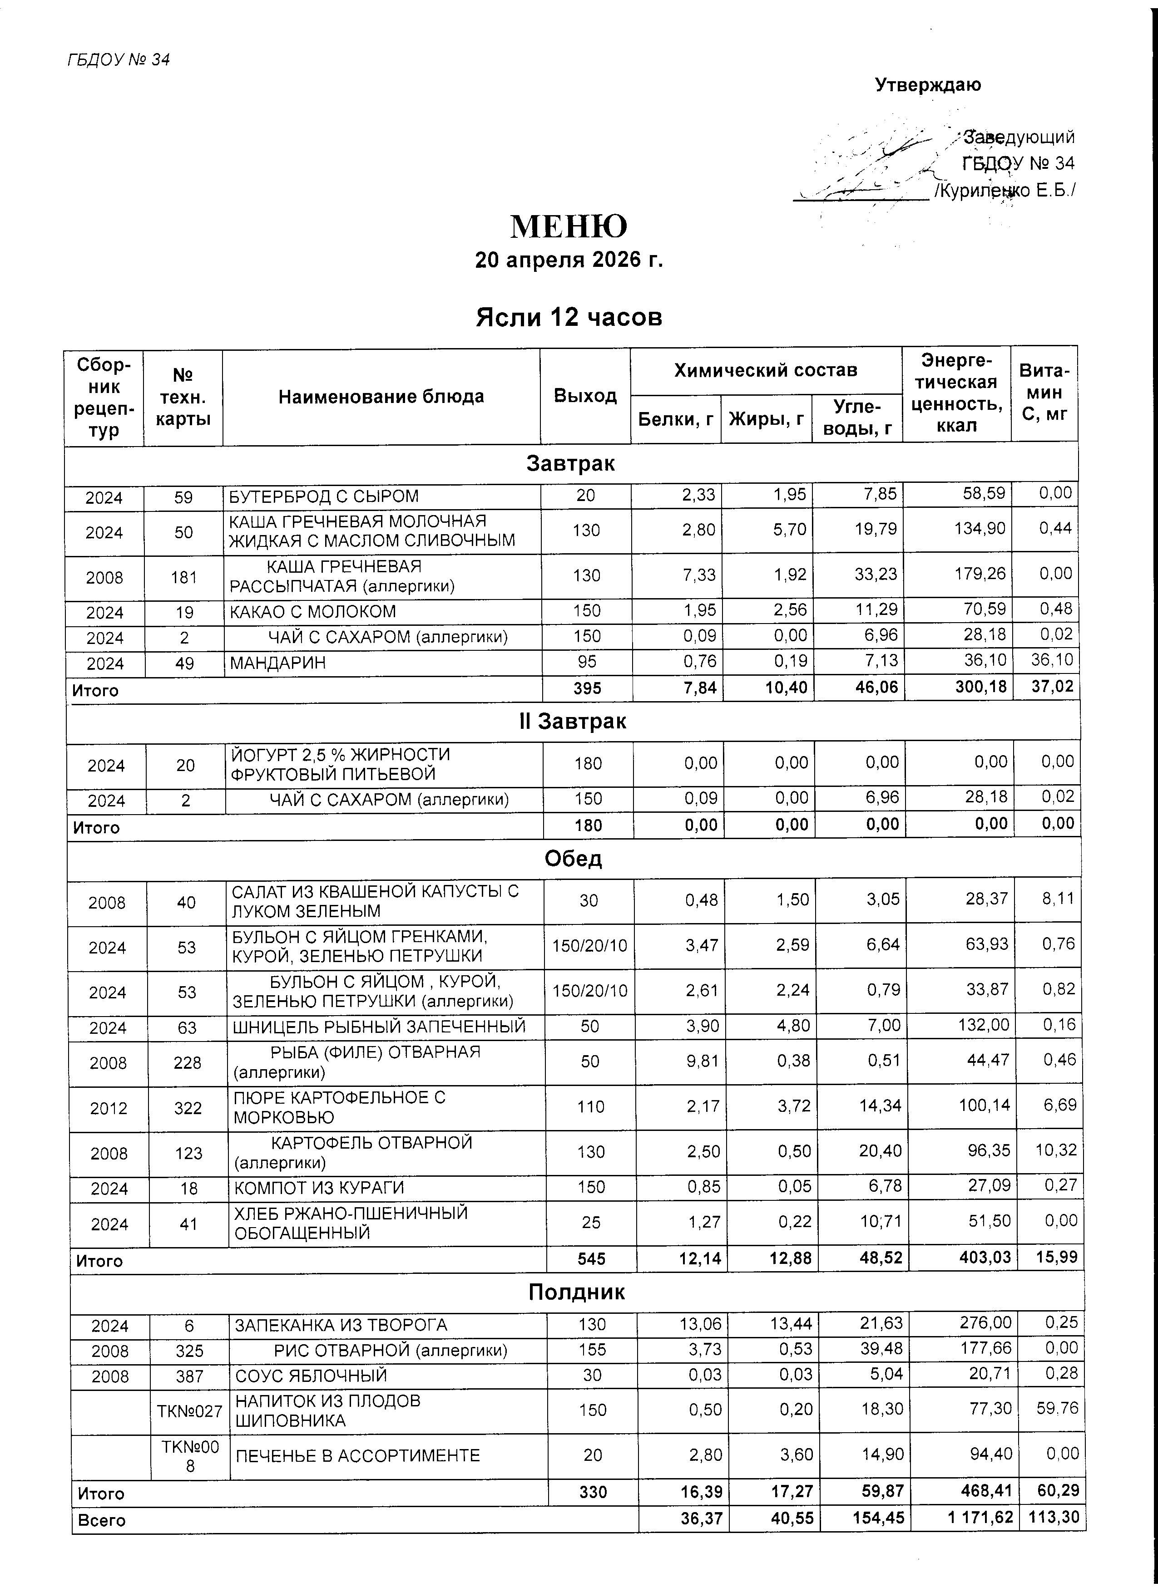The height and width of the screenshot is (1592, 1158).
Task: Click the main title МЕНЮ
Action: pos(569,227)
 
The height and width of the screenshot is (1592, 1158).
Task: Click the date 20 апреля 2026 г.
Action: pos(569,260)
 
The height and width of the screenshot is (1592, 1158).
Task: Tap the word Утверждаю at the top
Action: pos(928,85)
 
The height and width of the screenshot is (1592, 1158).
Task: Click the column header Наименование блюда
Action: pos(381,397)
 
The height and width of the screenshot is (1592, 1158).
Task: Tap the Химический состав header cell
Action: pos(766,370)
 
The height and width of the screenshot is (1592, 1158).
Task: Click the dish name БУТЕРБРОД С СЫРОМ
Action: pos(324,496)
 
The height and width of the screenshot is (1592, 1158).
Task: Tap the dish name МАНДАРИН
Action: pos(277,663)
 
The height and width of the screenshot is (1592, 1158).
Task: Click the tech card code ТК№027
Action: pos(190,1411)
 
